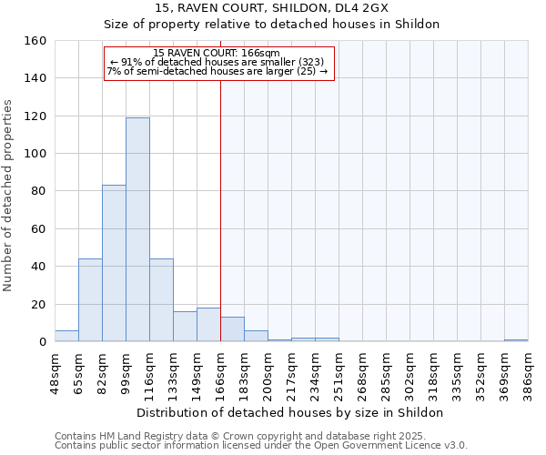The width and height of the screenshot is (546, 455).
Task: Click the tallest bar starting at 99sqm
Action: pos(137,229)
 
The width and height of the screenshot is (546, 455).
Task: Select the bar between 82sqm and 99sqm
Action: pos(114,263)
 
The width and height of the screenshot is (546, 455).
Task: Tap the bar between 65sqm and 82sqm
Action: pos(90,300)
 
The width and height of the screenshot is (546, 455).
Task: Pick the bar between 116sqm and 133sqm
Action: pos(161,300)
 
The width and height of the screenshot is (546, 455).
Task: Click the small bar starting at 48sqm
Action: pos(66,336)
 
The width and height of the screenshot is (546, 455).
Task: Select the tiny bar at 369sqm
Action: pos(516,340)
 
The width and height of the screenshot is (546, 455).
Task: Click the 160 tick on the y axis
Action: pos(35,41)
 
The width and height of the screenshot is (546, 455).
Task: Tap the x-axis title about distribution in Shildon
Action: pos(291,412)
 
